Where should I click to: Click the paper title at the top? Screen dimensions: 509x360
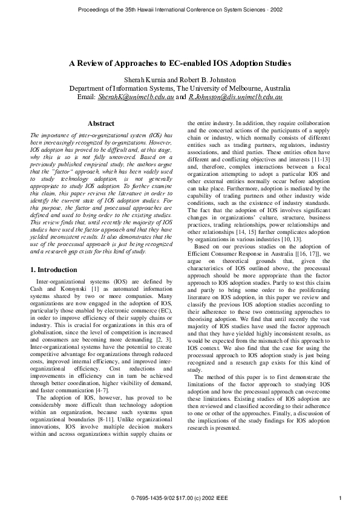pyautogui.click(x=180, y=63)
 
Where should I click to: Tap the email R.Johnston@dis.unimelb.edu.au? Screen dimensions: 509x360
pyautogui.click(x=235, y=96)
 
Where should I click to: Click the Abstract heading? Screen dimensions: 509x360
pyautogui.click(x=101, y=123)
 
